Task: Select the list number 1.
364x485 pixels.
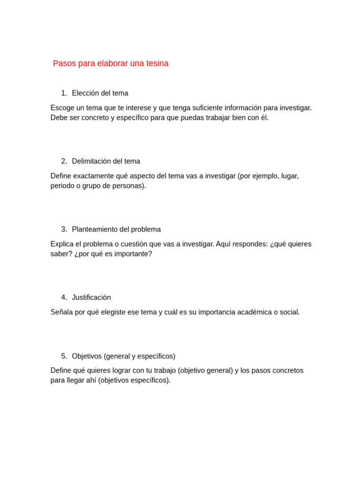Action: pos(64,93)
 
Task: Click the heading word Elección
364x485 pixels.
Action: pos(85,93)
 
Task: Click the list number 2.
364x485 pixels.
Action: pos(64,162)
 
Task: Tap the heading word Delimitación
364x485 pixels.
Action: pos(91,162)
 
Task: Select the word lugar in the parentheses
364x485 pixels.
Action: pos(290,176)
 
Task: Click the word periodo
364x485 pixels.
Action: pos(62,186)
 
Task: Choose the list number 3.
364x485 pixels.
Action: pos(64,230)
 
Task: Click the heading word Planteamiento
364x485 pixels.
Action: pos(95,230)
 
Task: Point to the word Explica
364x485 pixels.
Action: pos(62,244)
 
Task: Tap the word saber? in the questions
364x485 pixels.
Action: pos(61,254)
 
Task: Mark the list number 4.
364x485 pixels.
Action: pos(64,297)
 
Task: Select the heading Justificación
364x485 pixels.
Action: pos(91,297)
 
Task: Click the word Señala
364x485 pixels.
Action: pos(61,312)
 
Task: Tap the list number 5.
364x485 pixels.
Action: pos(64,356)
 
